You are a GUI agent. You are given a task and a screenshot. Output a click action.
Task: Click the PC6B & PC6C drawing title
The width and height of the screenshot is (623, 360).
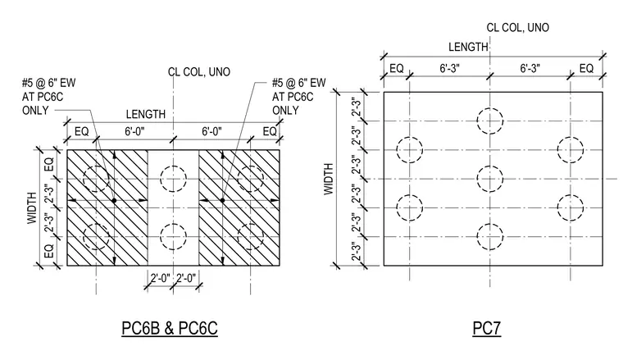170,328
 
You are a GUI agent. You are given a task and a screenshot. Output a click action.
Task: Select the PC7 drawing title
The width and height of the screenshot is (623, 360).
487,328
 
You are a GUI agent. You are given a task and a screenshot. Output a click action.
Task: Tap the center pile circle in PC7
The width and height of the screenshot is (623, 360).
490,180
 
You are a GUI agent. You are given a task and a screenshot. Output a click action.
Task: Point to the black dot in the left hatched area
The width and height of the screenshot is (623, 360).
115,201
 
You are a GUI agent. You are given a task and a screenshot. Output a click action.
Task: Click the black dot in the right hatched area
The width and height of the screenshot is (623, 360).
222,200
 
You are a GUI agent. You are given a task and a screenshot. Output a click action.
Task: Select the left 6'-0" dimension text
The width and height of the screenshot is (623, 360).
134,131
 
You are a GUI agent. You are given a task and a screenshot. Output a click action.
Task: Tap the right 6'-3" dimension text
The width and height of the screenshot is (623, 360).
530,68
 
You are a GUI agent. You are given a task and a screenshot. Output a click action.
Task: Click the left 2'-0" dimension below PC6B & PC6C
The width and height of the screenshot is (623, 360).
160,278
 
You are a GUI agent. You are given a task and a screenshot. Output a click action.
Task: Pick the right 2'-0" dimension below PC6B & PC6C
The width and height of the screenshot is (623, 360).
186,278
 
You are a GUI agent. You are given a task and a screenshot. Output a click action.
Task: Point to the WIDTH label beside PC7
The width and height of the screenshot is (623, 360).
329,179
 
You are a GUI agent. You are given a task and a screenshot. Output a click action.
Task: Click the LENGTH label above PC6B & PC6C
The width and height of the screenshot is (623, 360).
146,115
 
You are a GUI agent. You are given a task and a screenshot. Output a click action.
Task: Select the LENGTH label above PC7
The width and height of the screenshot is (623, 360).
468,47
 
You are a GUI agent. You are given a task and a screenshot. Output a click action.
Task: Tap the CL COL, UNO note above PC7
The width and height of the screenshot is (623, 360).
518,27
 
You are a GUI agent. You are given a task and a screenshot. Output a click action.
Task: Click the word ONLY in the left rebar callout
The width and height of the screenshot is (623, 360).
35,111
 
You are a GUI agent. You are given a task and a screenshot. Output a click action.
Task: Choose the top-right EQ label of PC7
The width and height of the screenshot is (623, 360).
586,68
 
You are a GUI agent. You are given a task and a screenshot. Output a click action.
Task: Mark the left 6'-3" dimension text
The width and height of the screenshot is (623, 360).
449,68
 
